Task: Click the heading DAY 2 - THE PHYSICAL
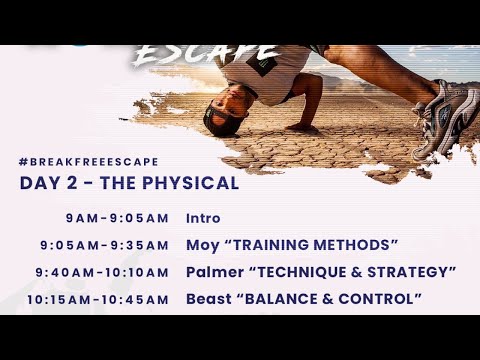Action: (x=129, y=184)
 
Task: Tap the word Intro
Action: (x=203, y=218)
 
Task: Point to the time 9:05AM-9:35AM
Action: (x=105, y=245)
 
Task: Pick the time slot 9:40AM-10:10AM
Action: (x=102, y=272)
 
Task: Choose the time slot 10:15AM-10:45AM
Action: (x=98, y=299)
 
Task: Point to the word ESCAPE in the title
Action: (x=206, y=51)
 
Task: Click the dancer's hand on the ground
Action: (x=297, y=126)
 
